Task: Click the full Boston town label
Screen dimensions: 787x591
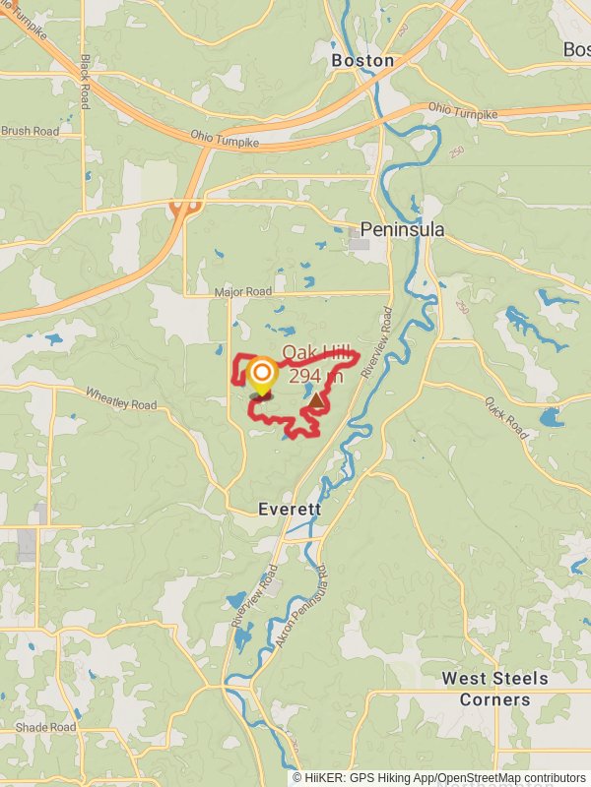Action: (362, 60)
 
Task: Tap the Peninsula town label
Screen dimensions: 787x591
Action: (402, 229)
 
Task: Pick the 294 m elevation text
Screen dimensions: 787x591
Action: (315, 375)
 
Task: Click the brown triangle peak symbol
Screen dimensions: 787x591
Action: (315, 401)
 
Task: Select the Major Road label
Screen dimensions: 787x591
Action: (242, 292)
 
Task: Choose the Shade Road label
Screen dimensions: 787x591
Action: (45, 727)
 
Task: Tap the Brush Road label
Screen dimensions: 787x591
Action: (30, 131)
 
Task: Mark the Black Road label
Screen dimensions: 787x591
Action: (86, 81)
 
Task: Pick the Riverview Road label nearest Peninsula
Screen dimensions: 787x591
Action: (382, 335)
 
